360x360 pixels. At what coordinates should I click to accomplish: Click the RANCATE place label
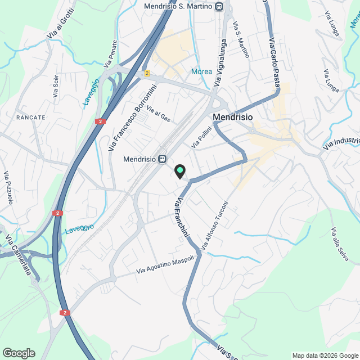click(x=30, y=117)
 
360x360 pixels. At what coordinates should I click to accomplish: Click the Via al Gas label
click(x=158, y=114)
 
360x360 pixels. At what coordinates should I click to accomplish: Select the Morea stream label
click(x=201, y=71)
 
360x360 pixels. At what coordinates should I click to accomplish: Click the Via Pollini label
click(x=200, y=137)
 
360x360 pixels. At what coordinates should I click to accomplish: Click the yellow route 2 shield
click(x=147, y=73)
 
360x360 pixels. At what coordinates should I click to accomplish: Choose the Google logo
click(x=18, y=353)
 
